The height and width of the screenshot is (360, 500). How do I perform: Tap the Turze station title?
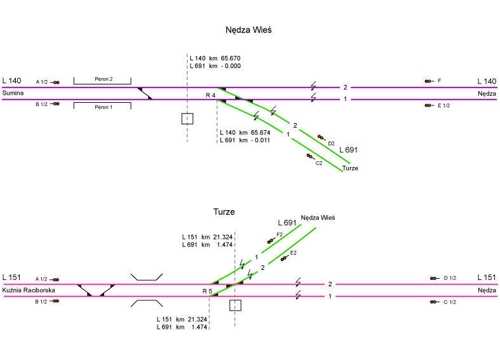tap(225, 211)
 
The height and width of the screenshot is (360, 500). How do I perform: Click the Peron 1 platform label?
tap(103, 107)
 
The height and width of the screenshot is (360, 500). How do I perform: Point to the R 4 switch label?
tap(210, 95)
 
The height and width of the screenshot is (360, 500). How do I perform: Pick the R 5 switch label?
tap(207, 291)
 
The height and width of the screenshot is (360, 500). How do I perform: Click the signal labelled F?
tap(429, 81)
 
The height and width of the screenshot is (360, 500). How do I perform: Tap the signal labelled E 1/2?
tap(429, 105)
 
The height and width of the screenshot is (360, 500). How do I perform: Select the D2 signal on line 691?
tap(321, 138)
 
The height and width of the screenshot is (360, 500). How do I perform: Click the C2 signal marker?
tap(309, 156)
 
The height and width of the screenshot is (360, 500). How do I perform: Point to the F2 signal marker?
tap(271, 241)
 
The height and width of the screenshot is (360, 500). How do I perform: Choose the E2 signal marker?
tap(283, 258)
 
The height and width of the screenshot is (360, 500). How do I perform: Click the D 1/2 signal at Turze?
tap(433, 278)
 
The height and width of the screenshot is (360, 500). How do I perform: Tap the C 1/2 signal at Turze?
tap(433, 302)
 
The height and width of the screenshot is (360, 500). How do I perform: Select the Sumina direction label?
tap(13, 93)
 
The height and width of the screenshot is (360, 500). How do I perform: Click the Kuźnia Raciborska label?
tap(29, 290)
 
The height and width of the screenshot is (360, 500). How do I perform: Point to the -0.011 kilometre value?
tap(261, 140)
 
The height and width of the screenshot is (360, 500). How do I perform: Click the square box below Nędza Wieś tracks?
tap(187, 118)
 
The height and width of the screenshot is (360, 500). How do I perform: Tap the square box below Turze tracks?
tap(235, 305)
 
